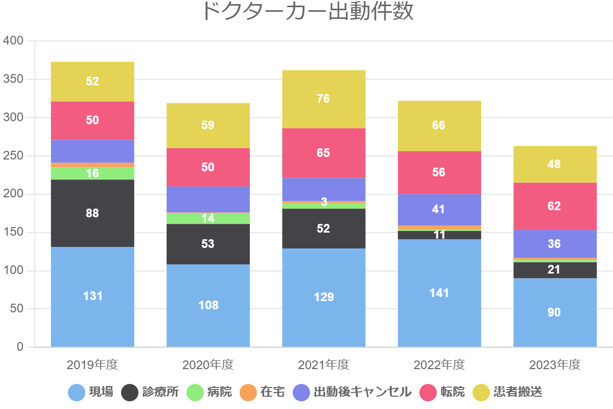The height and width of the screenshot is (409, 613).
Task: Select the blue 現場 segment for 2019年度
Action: (92, 297)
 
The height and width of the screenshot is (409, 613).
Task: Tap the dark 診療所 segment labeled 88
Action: (92, 213)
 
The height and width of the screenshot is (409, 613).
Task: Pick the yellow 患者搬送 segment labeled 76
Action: (323, 99)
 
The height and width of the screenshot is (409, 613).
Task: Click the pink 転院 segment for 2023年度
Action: (555, 206)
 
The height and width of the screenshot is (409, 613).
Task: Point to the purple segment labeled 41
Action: (439, 209)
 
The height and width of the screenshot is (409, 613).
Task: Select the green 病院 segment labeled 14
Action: (208, 218)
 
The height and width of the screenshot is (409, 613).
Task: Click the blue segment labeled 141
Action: (439, 293)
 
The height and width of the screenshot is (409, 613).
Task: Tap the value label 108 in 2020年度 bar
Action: (208, 305)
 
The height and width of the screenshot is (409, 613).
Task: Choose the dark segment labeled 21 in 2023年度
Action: (555, 269)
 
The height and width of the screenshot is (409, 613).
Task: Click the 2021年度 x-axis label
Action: (323, 365)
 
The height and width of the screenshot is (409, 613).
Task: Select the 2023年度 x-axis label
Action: (555, 365)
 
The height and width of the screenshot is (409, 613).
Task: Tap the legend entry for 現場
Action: (91, 392)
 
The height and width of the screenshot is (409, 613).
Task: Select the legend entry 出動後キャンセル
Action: (352, 392)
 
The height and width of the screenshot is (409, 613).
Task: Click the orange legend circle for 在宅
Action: (248, 393)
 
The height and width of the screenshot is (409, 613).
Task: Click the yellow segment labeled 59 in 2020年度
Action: (208, 125)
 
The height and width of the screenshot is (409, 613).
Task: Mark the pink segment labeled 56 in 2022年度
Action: (439, 172)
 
